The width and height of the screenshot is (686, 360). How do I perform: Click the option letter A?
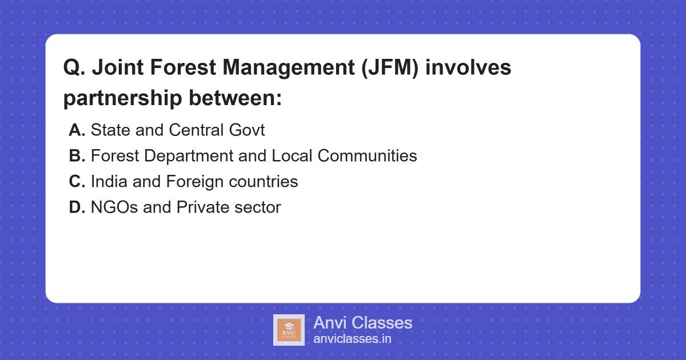(x=77, y=130)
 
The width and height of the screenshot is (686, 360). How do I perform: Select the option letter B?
(x=77, y=155)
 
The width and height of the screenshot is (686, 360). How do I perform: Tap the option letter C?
(x=77, y=182)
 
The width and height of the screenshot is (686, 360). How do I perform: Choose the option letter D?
(x=77, y=207)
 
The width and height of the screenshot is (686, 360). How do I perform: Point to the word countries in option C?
(x=263, y=182)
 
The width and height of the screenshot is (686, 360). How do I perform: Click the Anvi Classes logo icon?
(x=289, y=330)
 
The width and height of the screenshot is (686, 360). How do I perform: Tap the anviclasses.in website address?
(x=352, y=339)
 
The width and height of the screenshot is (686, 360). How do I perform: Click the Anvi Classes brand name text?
(x=362, y=323)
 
